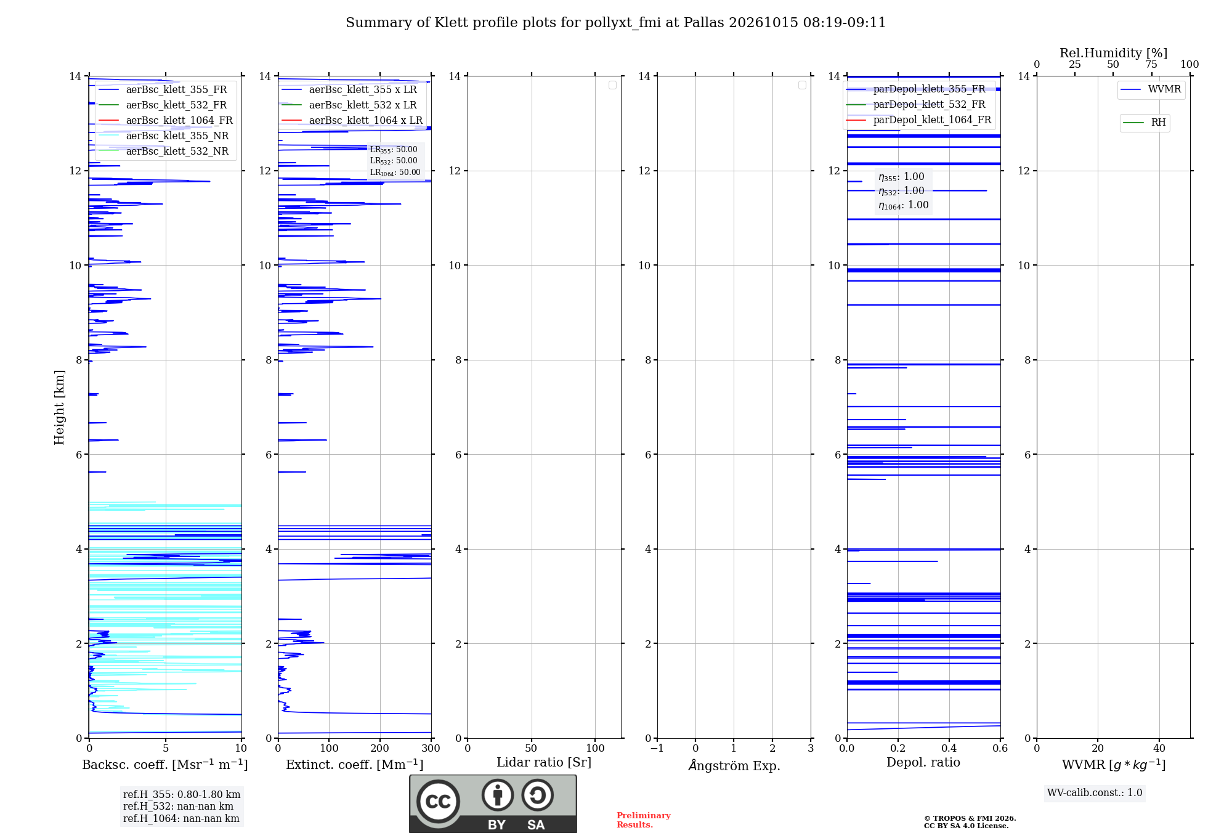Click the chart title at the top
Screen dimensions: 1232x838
tap(615, 23)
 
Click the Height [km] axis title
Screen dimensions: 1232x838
tap(59, 407)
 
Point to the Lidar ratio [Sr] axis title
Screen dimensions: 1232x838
tap(544, 763)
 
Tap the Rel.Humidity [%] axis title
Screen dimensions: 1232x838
tap(1113, 53)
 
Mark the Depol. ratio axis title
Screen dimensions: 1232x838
tap(923, 762)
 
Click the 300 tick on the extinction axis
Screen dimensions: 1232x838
tap(431, 748)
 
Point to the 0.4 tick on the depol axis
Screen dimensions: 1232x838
tap(949, 748)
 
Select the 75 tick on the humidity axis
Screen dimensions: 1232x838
tap(1151, 64)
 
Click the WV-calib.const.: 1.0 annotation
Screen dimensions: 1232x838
tap(1095, 793)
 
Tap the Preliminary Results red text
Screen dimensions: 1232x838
tap(644, 820)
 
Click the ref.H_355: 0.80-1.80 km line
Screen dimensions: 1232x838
tap(182, 795)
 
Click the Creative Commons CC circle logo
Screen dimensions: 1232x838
tap(438, 802)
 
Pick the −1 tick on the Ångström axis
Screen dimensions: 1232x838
tap(657, 748)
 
